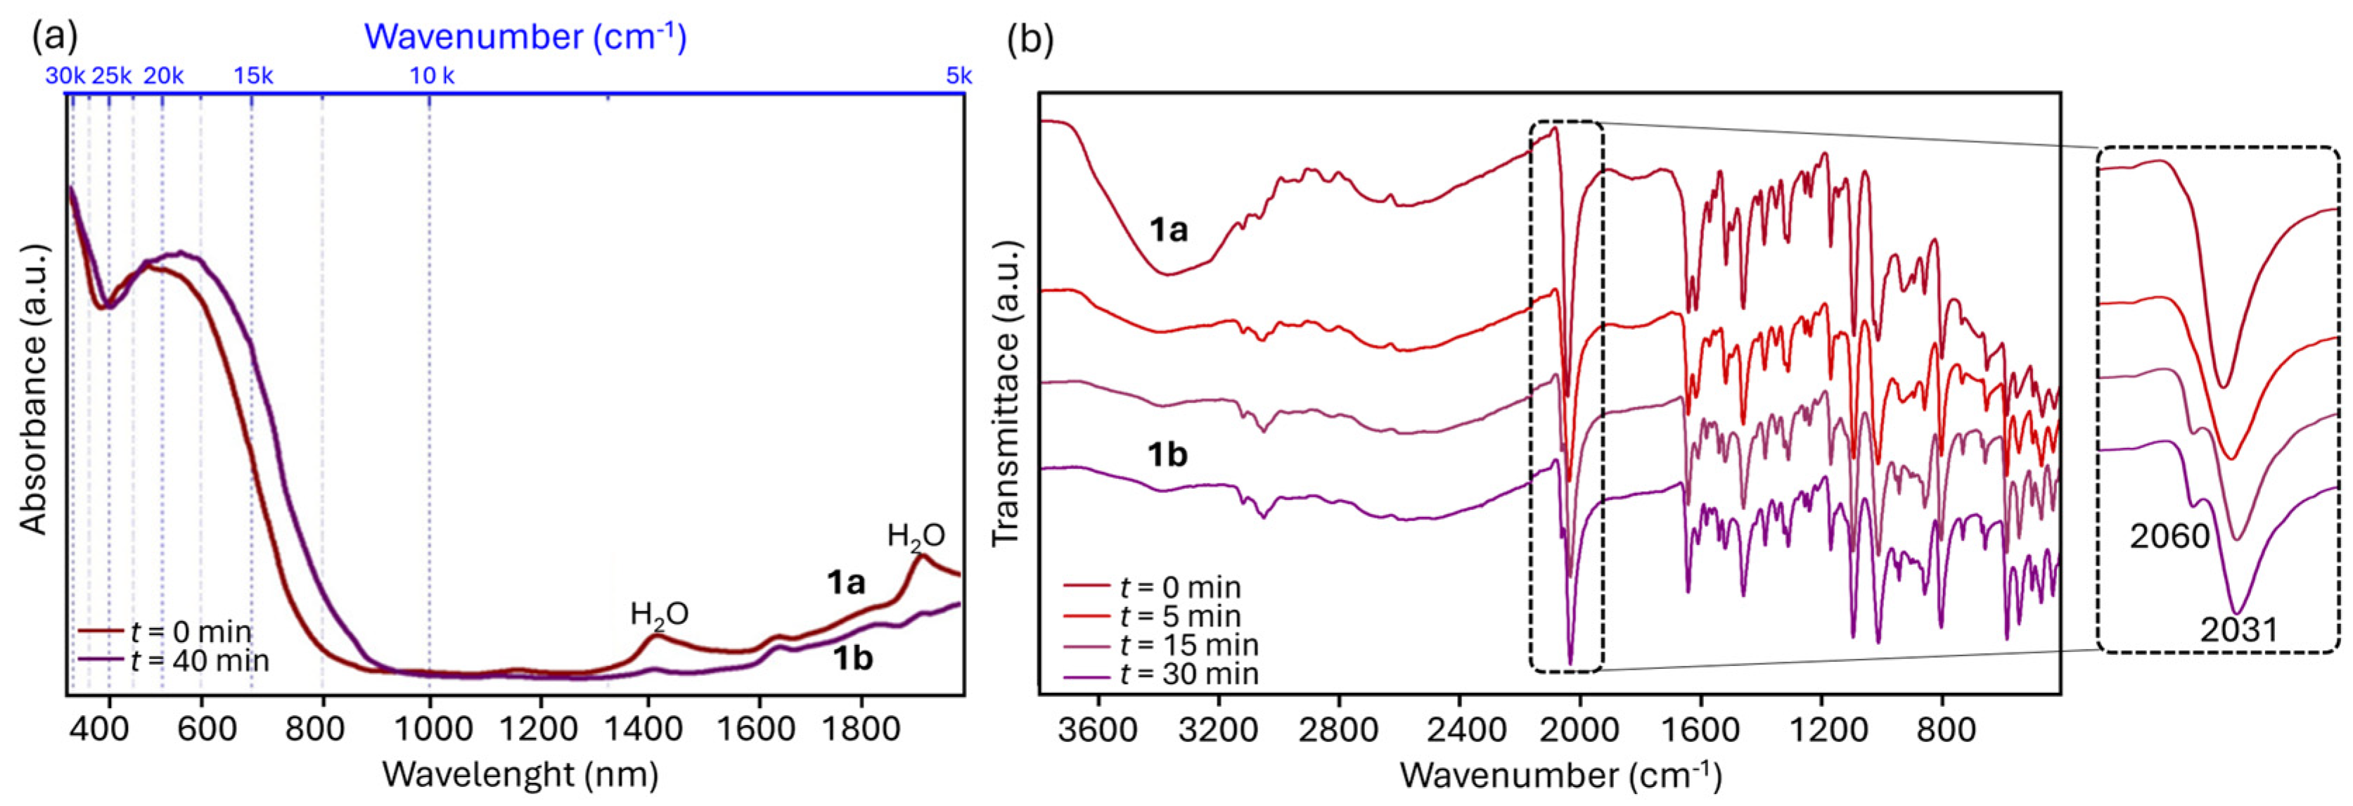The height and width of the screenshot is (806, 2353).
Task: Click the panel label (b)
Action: pyautogui.click(x=1030, y=39)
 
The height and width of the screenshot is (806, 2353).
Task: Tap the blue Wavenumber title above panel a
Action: pyautogui.click(x=525, y=37)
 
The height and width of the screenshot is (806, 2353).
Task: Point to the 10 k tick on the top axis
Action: pyautogui.click(x=432, y=76)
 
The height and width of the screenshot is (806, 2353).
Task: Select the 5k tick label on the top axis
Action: pyautogui.click(x=958, y=76)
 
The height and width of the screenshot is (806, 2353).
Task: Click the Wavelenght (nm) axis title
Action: pyautogui.click(x=520, y=775)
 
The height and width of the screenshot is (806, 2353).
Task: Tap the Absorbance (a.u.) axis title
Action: pyautogui.click(x=34, y=388)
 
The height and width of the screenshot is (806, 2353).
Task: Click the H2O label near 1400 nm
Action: pyautogui.click(x=659, y=614)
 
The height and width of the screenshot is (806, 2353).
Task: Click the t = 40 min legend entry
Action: pyautogui.click(x=199, y=660)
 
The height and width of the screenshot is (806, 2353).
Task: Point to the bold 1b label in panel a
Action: pyautogui.click(x=852, y=658)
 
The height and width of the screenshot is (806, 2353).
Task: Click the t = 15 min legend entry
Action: pyautogui.click(x=1188, y=645)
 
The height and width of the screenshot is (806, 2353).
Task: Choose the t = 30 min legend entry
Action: pyautogui.click(x=1188, y=674)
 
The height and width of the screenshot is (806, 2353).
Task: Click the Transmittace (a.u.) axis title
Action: pyautogui.click(x=1005, y=394)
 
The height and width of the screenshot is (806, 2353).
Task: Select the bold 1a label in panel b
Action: pyautogui.click(x=1167, y=229)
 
